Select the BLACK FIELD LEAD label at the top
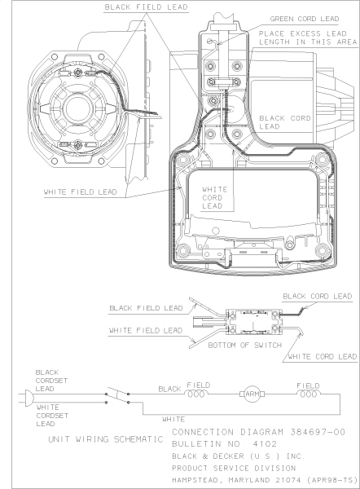coord(147,7)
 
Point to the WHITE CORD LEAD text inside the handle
coord(212,196)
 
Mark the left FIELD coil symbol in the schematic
coord(198,392)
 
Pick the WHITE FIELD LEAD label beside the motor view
coord(81,193)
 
